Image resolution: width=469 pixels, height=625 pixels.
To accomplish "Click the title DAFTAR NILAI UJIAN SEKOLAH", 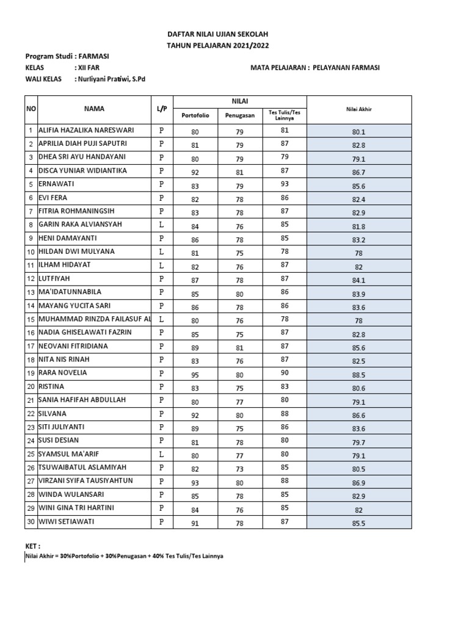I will [217, 35].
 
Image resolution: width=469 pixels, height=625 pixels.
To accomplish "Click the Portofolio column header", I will [195, 115].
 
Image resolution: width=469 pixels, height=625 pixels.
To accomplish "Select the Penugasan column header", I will [239, 115].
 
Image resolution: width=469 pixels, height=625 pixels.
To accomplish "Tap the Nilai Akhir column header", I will [358, 109].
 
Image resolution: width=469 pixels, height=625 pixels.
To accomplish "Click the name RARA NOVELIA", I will [63, 373].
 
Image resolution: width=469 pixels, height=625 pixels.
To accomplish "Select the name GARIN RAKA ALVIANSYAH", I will [80, 225].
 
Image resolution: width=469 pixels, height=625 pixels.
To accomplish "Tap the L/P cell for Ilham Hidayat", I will [161, 265].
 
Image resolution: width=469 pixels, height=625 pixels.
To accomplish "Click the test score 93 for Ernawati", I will [284, 185].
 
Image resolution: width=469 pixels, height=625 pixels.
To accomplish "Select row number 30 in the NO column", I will [29, 521].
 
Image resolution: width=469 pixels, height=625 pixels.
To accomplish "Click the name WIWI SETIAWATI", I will [67, 521].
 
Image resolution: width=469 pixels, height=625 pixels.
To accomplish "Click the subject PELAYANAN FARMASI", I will [346, 68].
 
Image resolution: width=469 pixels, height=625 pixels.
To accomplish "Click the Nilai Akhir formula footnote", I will [120, 557].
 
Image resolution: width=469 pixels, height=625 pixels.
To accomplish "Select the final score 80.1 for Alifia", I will [358, 131].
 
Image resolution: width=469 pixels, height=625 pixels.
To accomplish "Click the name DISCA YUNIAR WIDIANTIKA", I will [82, 171].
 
